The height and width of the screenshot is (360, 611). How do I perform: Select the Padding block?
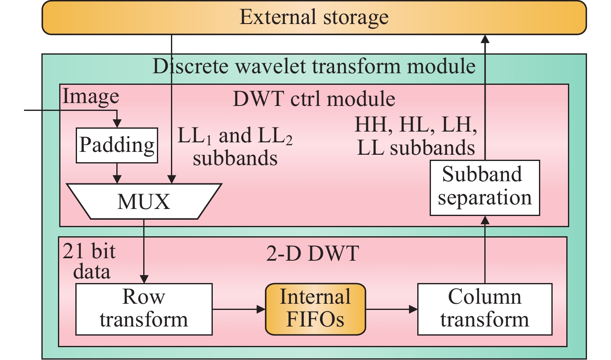pyautogui.click(x=117, y=145)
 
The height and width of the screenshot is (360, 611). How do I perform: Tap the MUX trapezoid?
pyautogui.click(x=144, y=202)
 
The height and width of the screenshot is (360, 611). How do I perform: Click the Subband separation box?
pyautogui.click(x=484, y=187)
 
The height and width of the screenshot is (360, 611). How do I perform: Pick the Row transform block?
pyautogui.click(x=144, y=309)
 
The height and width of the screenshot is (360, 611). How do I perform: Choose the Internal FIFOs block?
pyautogui.click(x=315, y=309)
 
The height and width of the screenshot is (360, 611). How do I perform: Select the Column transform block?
pyautogui.click(x=484, y=309)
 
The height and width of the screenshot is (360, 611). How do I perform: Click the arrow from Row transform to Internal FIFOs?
pyautogui.click(x=238, y=309)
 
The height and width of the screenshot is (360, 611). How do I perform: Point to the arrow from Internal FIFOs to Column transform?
pyautogui.click(x=391, y=309)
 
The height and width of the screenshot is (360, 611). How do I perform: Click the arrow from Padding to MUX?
pyautogui.click(x=117, y=173)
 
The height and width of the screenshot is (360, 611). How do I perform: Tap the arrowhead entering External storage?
pyautogui.click(x=485, y=39)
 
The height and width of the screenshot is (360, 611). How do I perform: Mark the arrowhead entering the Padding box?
pyautogui.click(x=117, y=123)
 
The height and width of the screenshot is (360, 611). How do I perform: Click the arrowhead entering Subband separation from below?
pyautogui.click(x=485, y=220)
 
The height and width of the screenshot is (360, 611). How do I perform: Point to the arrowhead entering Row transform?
pyautogui.click(x=144, y=279)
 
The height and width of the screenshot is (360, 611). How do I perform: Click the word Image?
pyautogui.click(x=91, y=97)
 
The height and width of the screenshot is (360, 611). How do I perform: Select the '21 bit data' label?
pyautogui.click(x=89, y=262)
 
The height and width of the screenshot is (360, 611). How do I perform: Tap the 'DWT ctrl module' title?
pyautogui.click(x=314, y=99)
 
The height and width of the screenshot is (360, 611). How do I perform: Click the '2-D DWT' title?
pyautogui.click(x=312, y=253)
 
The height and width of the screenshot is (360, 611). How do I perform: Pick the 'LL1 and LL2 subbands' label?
pyautogui.click(x=235, y=146)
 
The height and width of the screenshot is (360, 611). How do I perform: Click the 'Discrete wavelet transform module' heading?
pyautogui.click(x=314, y=66)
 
